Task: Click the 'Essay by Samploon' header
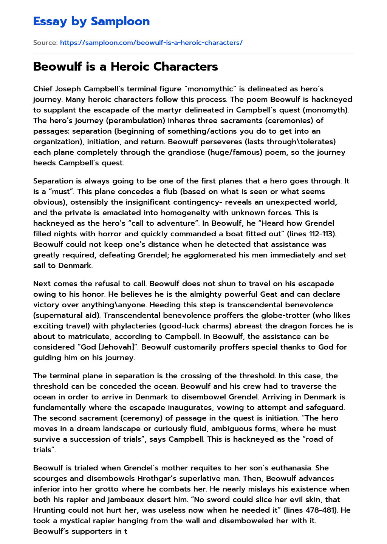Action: (91, 22)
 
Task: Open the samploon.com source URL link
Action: (151, 43)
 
